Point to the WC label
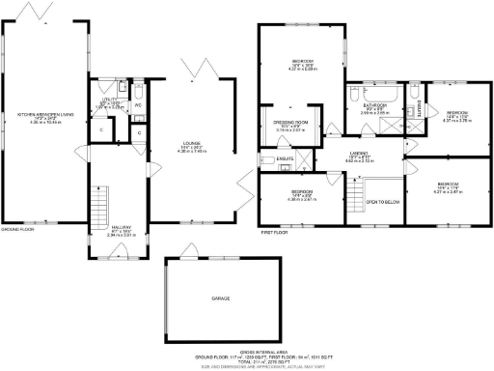point(139,103)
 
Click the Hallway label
point(120,229)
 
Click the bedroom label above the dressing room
point(303,63)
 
